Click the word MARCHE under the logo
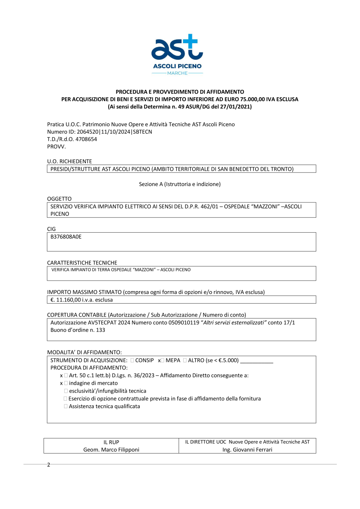[x=177, y=73]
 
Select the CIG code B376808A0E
[x=66, y=237]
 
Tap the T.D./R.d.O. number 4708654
[x=86, y=139]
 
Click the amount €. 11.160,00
[x=69, y=300]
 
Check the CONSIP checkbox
[x=132, y=360]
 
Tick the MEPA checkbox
[x=162, y=360]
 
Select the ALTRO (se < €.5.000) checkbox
[x=185, y=360]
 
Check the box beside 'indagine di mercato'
[x=66, y=383]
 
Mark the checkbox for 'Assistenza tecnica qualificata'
[x=66, y=406]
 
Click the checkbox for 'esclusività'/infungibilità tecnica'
[x=66, y=391]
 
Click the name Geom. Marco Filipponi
[x=111, y=450]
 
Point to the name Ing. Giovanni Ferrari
[x=247, y=450]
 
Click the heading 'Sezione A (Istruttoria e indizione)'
[x=180, y=184]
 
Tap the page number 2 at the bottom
[x=49, y=465]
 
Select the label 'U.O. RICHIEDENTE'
[x=69, y=161]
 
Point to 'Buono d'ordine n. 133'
[x=78, y=330]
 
